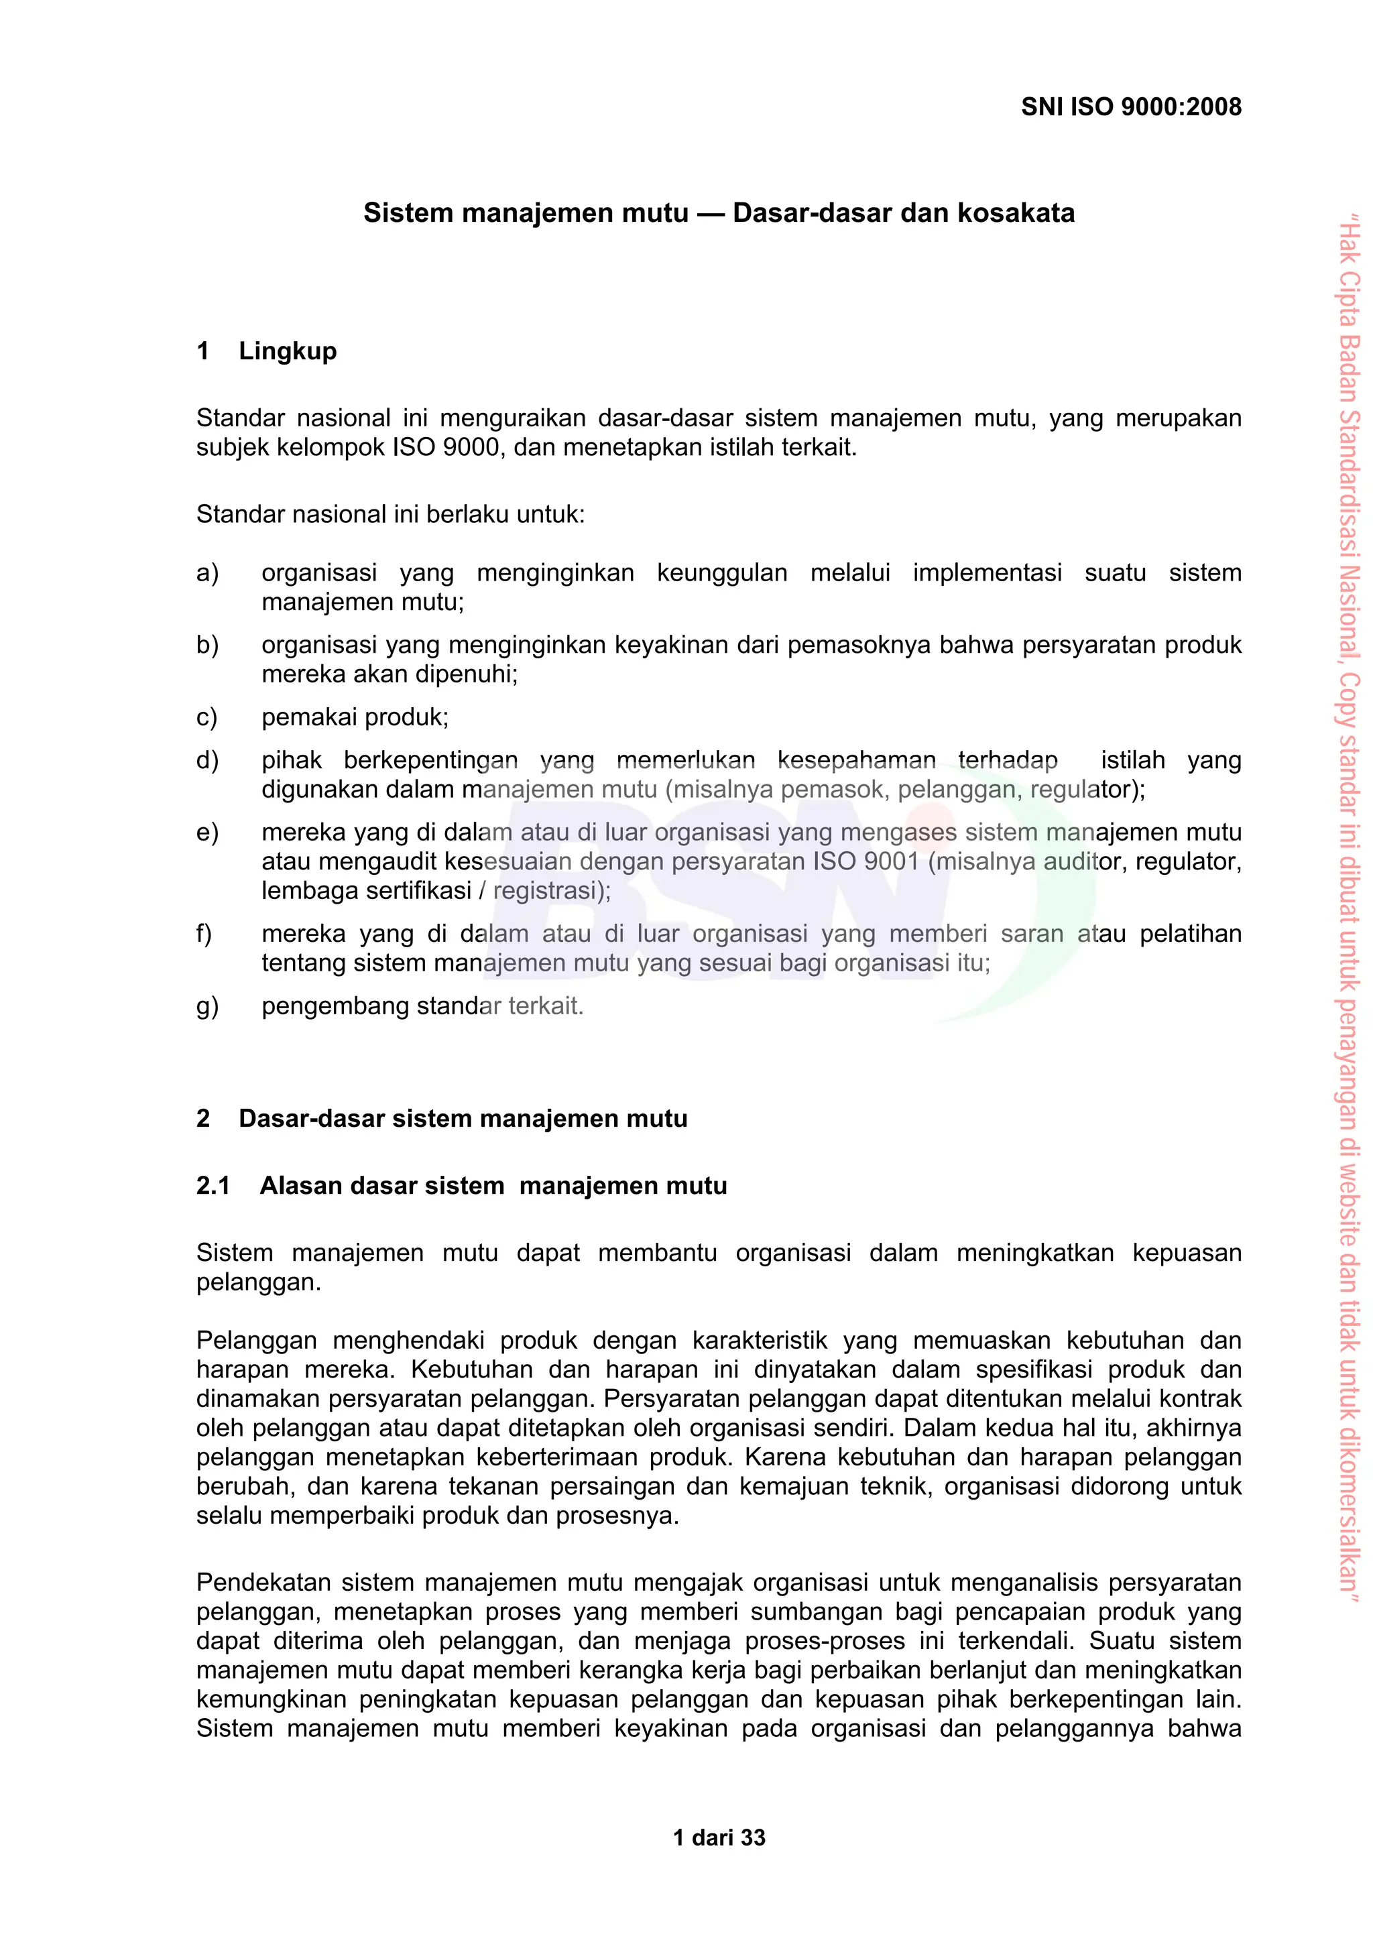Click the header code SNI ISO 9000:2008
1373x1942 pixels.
point(1130,107)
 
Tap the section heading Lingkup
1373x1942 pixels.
point(288,351)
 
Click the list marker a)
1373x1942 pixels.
point(207,572)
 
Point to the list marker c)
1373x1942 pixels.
point(207,717)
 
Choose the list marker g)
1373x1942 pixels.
point(207,1006)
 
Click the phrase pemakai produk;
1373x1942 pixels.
point(355,717)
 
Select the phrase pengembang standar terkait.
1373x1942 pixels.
point(422,1006)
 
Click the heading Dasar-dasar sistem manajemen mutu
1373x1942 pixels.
point(463,1118)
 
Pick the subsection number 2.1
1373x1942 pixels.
point(213,1186)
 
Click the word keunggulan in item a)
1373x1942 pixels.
point(721,572)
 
